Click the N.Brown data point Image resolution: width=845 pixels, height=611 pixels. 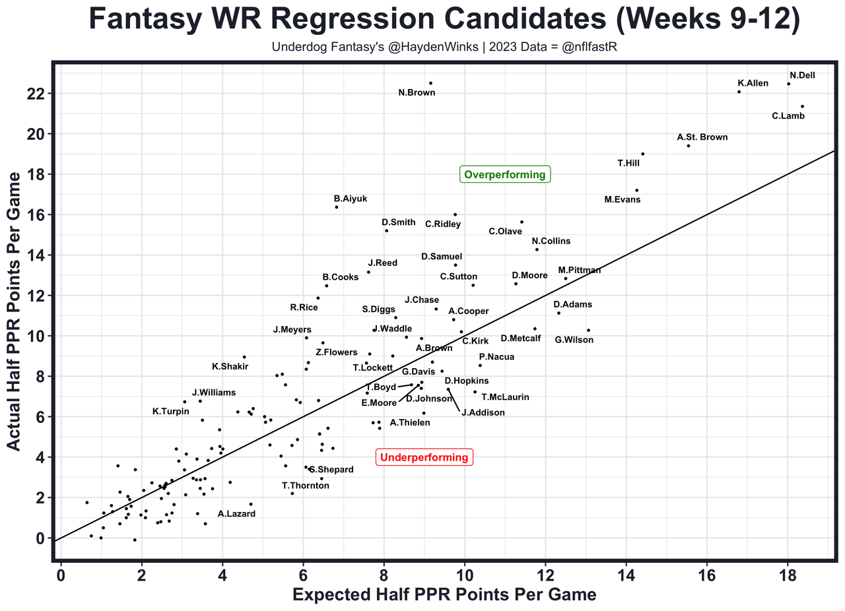coord(430,83)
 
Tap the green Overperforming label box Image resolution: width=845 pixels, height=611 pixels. coord(505,175)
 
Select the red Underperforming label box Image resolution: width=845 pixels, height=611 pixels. coord(424,457)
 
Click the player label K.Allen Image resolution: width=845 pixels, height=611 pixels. coord(753,83)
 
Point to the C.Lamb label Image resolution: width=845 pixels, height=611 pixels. coord(788,116)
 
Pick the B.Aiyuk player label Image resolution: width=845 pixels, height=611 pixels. coord(351,198)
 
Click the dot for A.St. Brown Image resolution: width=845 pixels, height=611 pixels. coord(689,146)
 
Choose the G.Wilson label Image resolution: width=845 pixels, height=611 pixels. coord(574,340)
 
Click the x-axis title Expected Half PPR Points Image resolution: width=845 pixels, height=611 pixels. coord(444,595)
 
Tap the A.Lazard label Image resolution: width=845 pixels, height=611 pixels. coord(236,513)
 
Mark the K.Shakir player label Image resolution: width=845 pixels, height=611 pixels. coord(230,366)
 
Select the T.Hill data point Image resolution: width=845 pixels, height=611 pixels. coord(642,154)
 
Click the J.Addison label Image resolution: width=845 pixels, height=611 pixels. coord(483,412)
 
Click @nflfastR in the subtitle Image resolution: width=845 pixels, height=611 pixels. coord(582,48)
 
